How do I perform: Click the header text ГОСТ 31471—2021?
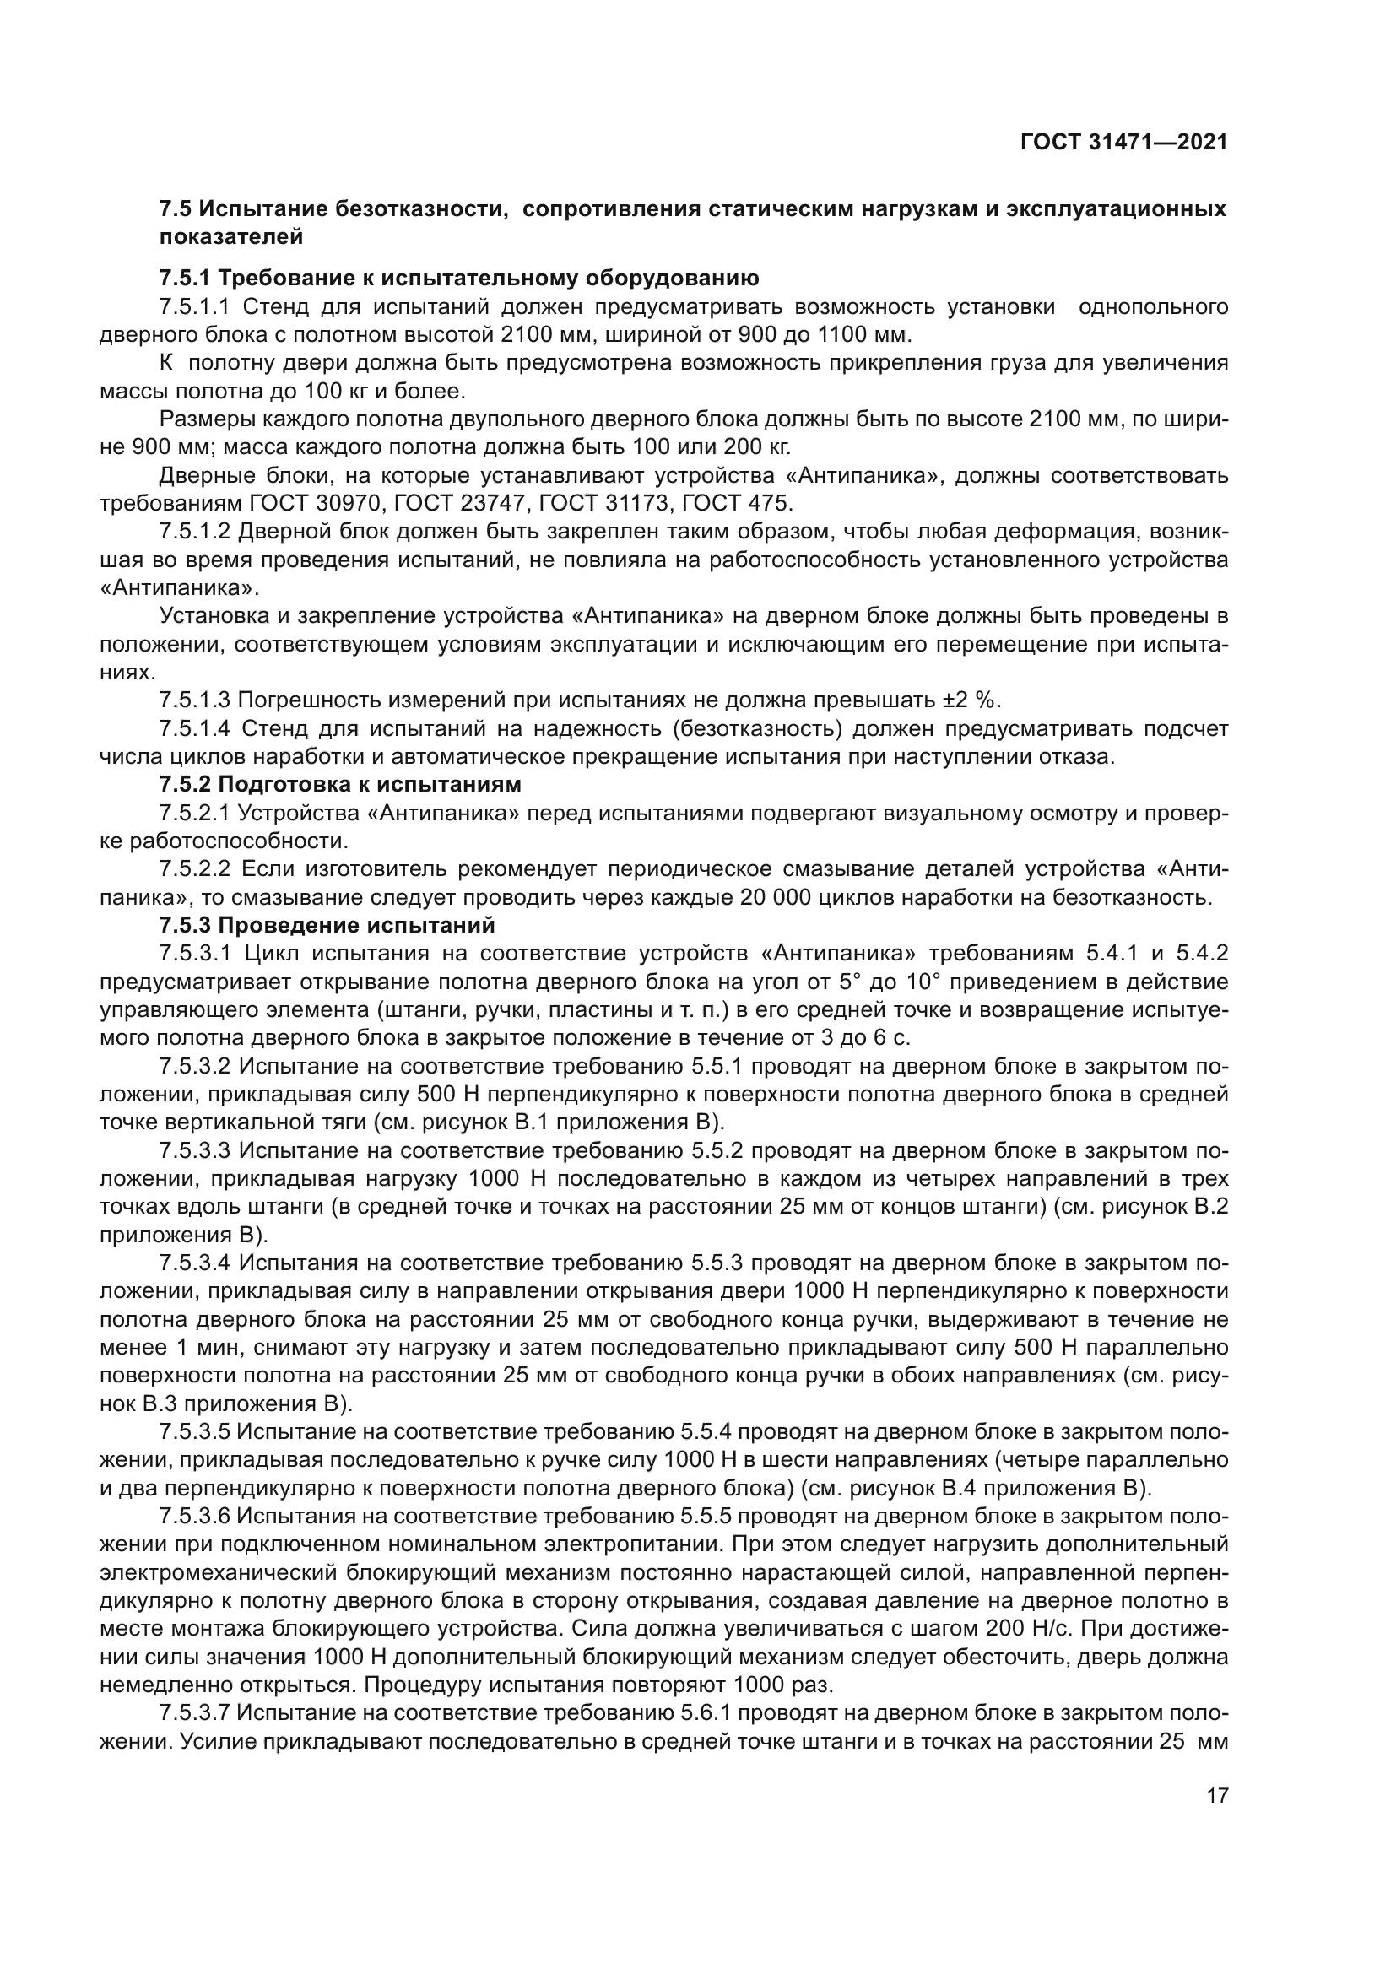(1123, 143)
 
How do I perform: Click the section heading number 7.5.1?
(185, 279)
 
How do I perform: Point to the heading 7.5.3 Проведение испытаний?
(327, 925)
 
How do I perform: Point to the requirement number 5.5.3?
(718, 1263)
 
